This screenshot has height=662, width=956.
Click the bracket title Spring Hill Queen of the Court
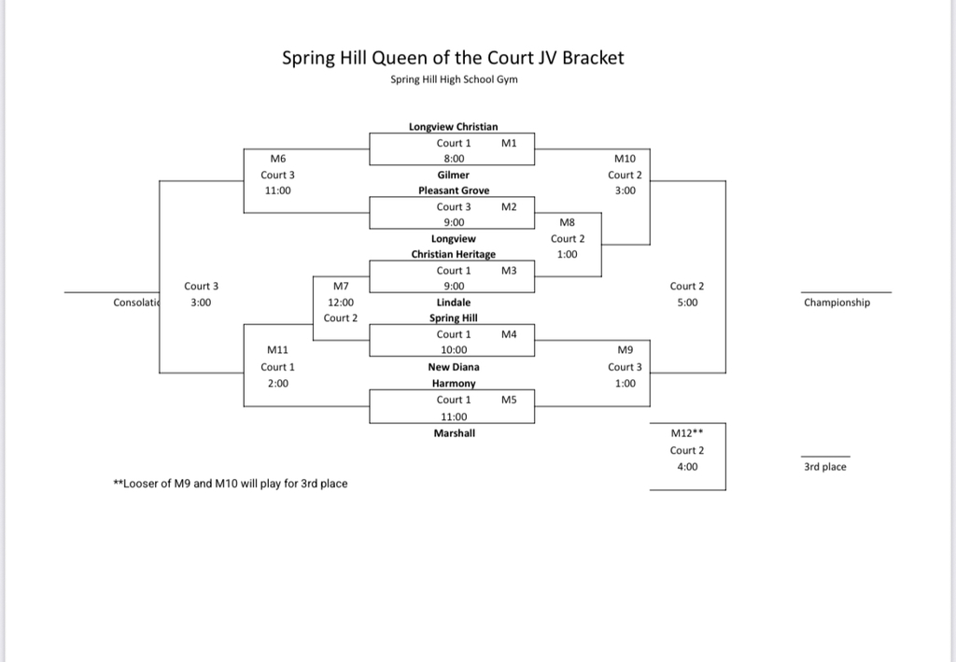tap(453, 58)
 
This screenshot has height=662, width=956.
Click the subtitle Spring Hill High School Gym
tap(454, 79)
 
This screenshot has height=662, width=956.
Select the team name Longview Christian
tap(453, 126)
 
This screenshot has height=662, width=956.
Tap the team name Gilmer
tap(453, 175)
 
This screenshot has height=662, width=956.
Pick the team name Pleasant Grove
tap(453, 190)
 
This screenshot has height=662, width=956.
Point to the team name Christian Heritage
tap(453, 254)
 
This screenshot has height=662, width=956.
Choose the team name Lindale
tap(453, 303)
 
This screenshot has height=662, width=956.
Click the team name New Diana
tap(453, 367)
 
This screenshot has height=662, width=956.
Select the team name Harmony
tap(453, 383)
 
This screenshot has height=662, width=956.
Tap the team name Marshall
tap(453, 432)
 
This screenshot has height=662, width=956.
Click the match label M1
tap(509, 143)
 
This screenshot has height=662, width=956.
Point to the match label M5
tap(509, 400)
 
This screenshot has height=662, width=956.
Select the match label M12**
tap(687, 433)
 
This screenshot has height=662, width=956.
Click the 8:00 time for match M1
tap(454, 159)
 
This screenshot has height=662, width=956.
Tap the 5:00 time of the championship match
tap(687, 303)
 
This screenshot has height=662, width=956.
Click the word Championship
tap(836, 303)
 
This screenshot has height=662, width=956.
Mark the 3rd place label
tap(824, 467)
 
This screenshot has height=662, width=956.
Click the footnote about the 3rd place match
tap(230, 484)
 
